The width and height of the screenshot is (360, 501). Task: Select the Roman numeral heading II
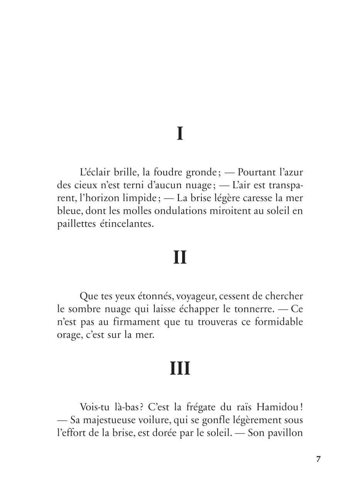coord(180,257)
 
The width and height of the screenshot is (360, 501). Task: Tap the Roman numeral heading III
coord(180,368)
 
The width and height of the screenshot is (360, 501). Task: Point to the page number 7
coord(318,459)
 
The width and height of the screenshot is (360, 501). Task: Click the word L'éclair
coord(93,172)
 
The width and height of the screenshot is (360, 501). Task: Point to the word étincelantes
coord(128,224)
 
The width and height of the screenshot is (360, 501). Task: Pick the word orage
coord(69,335)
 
